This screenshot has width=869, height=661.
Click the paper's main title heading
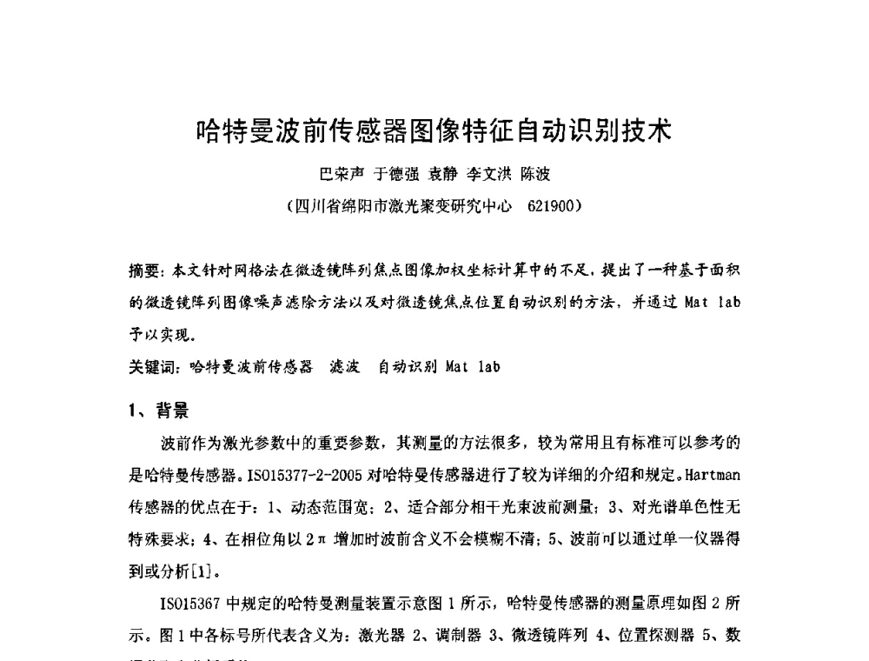(x=434, y=132)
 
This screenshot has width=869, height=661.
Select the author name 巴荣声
(x=342, y=174)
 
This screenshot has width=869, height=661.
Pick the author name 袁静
(x=442, y=174)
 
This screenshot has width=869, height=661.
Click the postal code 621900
(x=550, y=207)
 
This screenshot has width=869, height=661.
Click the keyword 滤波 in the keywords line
(x=345, y=366)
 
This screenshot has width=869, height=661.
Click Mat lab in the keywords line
(x=473, y=366)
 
